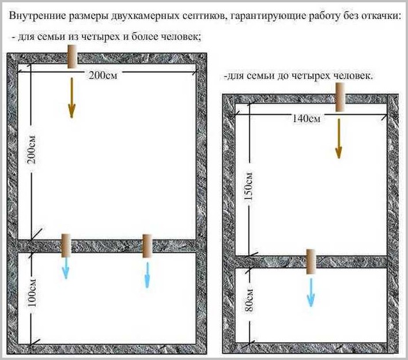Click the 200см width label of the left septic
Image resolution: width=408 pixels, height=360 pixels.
(103, 75)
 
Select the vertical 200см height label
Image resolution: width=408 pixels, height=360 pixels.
(32, 149)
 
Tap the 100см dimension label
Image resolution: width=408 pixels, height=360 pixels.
(32, 293)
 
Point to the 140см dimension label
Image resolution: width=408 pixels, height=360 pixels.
(306, 118)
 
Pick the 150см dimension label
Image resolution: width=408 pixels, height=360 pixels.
(249, 186)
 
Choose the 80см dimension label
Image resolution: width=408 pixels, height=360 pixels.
(249, 300)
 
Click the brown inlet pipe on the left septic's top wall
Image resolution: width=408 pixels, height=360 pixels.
(72, 57)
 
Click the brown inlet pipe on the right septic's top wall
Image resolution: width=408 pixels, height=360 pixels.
(340, 97)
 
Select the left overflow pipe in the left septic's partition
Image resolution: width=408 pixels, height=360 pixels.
(66, 245)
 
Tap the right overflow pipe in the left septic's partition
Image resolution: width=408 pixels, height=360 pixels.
(147, 246)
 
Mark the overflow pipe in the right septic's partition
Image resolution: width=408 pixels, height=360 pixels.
(311, 261)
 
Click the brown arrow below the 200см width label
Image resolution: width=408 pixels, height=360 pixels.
(72, 98)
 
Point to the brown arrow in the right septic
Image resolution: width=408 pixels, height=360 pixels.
(338, 138)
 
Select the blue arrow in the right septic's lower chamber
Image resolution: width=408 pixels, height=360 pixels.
(311, 292)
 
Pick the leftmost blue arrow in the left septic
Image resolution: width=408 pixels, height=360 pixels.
(66, 268)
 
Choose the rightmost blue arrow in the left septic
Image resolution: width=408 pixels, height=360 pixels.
(148, 275)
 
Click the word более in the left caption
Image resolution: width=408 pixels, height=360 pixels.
(145, 36)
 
